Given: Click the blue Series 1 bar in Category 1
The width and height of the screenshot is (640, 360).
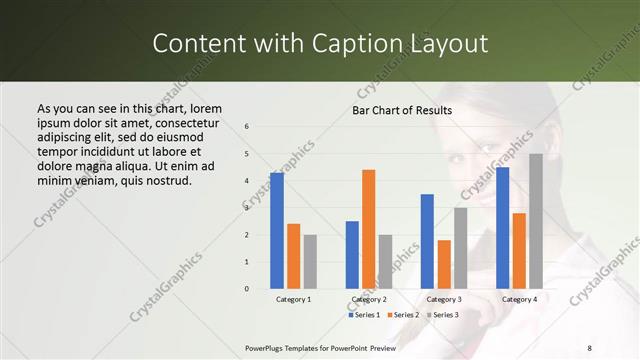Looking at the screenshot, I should [x=277, y=231].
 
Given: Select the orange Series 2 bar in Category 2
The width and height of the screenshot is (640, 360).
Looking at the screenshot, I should [x=369, y=229].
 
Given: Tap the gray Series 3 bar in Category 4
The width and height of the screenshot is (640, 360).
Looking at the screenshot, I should [x=536, y=221].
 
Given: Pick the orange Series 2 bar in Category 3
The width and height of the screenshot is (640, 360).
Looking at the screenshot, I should [x=444, y=264].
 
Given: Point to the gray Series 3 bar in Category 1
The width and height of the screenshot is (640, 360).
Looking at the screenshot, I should [x=310, y=262].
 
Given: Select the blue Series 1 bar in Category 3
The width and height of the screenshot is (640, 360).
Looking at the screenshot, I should [x=427, y=241].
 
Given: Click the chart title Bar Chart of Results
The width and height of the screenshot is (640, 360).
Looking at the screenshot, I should [x=402, y=110].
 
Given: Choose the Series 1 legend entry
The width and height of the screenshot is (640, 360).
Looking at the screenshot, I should [x=364, y=315].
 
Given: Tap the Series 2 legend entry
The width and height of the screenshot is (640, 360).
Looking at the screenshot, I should [x=402, y=315].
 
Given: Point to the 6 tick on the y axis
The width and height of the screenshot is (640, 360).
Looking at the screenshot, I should [x=247, y=127].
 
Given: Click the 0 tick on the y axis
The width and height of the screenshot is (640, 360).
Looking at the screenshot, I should [x=247, y=289].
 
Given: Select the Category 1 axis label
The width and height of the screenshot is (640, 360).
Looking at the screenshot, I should [x=293, y=299].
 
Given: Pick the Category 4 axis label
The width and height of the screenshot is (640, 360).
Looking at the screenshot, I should [x=519, y=299].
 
